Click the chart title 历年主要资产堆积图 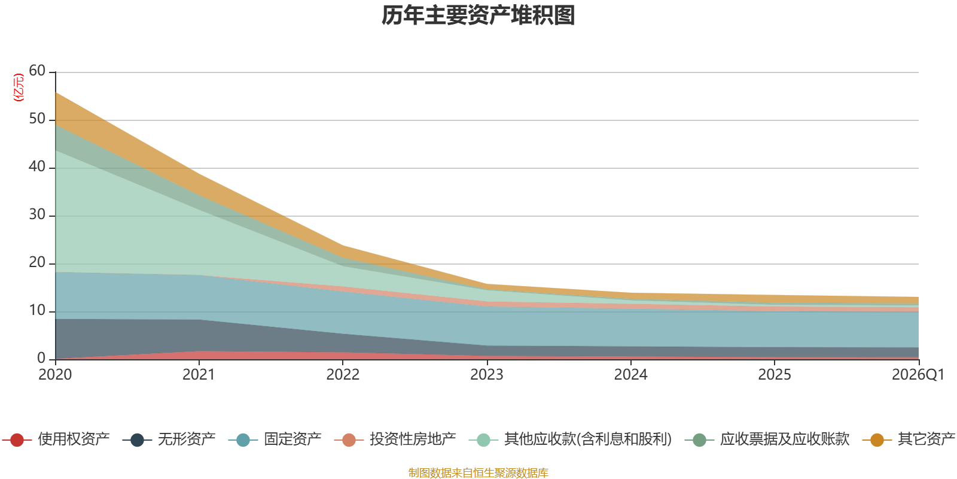[x=478, y=16]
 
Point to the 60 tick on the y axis [x=37, y=71]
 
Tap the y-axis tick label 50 [x=37, y=119]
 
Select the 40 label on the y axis [x=37, y=166]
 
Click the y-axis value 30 [x=37, y=214]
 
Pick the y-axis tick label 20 [x=37, y=262]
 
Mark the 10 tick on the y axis [x=37, y=310]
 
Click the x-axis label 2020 [x=55, y=375]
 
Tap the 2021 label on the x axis [x=199, y=375]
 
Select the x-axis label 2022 [x=343, y=375]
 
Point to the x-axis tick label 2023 [x=487, y=375]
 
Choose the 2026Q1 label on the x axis [x=918, y=375]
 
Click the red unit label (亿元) [x=19, y=87]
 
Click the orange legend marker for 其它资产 [x=877, y=439]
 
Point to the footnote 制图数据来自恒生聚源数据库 [x=478, y=472]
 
